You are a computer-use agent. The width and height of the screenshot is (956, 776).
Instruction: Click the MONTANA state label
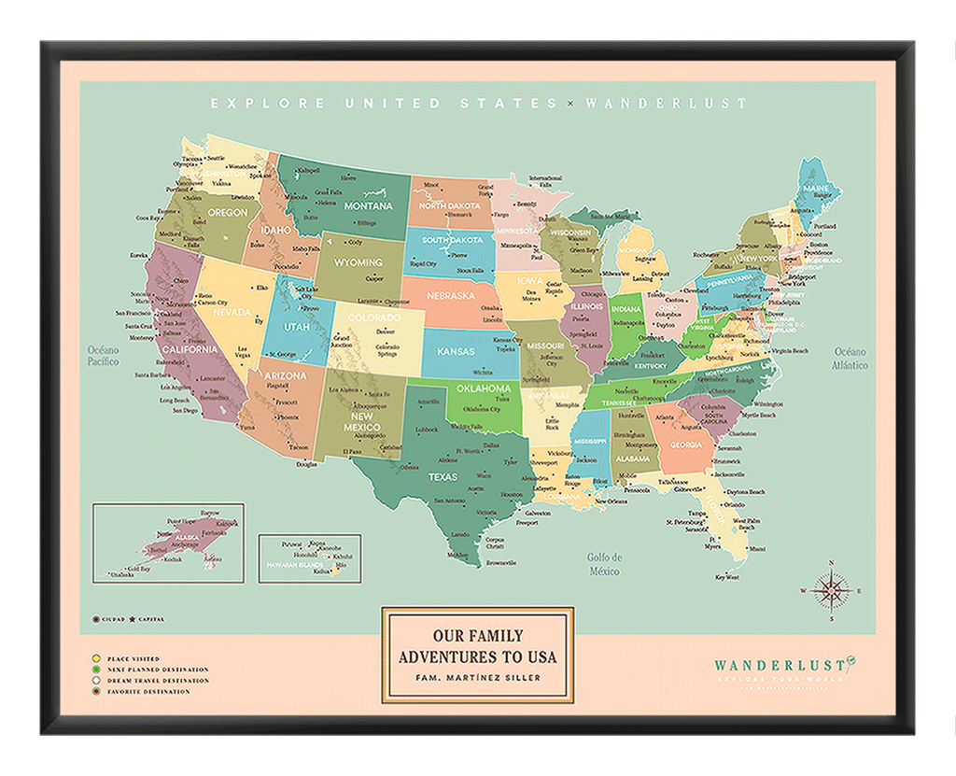pos(368,205)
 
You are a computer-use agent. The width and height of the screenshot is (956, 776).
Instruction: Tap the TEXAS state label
pos(443,477)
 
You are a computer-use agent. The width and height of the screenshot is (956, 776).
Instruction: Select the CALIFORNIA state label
pos(190,349)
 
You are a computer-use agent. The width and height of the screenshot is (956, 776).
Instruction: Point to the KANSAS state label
pos(456,352)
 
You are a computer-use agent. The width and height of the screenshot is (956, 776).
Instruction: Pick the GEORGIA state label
pos(686,444)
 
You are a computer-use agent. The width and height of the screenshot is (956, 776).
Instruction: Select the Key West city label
pos(727,577)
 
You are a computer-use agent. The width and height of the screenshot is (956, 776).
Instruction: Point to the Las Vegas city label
pos(242,355)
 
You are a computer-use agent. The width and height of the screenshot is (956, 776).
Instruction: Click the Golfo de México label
pos(605,564)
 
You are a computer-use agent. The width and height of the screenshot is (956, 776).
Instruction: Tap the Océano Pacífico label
pos(104,356)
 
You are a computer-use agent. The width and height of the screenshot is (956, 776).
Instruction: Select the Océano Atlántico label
pos(851,359)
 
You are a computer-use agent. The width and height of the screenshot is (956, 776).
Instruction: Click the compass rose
pos(830,590)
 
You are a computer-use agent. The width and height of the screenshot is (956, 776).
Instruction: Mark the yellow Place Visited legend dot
pos(96,659)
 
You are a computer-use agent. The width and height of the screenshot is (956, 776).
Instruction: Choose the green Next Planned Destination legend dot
pos(96,670)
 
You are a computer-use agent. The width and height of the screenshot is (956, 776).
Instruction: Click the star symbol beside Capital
pos(134,619)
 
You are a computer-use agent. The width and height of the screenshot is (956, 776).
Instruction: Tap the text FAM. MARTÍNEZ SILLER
pos(477,677)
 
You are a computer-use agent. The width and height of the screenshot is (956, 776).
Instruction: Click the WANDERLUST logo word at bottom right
pos(780,665)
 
